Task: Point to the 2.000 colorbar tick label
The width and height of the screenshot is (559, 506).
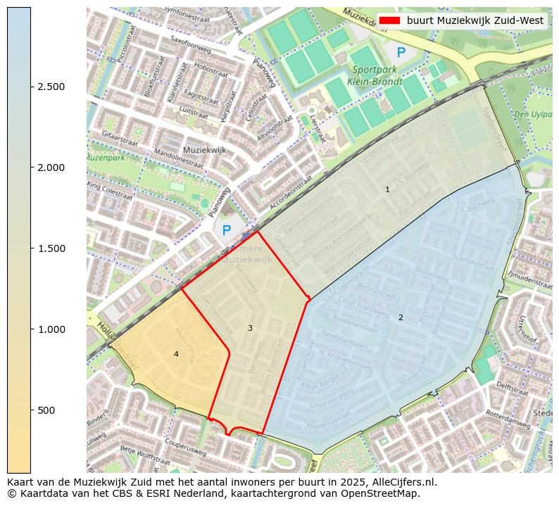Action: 51,167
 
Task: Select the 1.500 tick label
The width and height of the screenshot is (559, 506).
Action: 51,248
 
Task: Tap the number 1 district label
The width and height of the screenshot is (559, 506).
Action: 387,190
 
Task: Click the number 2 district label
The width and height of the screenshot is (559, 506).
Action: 401,317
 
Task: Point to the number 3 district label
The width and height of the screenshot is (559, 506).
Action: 250,329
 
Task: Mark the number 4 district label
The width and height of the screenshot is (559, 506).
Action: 176,354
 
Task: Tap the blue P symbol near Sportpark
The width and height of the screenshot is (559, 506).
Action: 401,52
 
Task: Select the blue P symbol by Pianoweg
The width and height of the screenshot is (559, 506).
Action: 226,230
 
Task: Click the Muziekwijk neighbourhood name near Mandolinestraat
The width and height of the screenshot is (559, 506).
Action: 203,151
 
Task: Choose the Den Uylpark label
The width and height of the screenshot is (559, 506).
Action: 532,113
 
